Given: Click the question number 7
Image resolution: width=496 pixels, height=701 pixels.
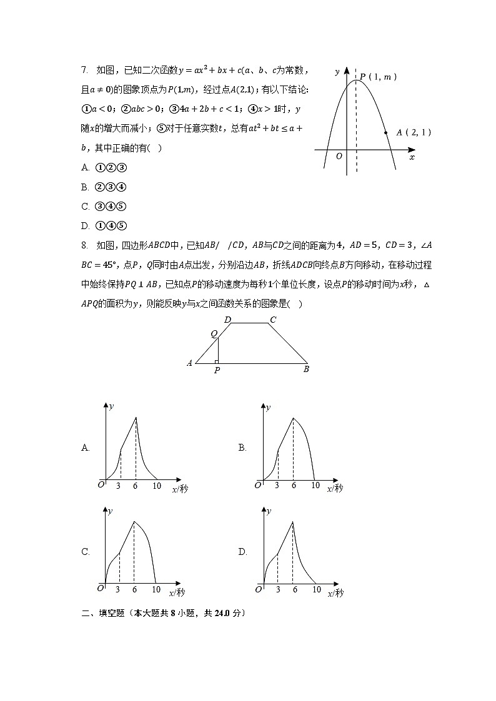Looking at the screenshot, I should [84, 71].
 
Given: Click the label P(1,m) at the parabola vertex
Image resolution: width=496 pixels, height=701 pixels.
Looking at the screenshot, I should [379, 77].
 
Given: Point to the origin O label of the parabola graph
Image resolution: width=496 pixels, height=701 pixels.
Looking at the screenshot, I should [339, 156].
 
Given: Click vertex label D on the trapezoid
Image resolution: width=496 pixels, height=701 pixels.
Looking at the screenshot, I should [227, 320].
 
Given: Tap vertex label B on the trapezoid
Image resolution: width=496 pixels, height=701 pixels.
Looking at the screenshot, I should [306, 369].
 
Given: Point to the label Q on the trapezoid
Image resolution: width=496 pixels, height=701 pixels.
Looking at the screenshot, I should [213, 334].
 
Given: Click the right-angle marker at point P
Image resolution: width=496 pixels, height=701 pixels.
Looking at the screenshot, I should [216, 361].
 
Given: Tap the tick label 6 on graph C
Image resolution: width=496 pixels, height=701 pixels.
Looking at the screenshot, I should [135, 590].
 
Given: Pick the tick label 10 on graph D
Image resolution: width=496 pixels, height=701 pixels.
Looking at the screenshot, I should [316, 590].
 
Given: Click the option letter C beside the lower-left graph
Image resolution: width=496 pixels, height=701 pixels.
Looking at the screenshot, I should [86, 552].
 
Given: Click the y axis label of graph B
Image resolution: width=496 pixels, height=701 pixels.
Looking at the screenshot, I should [268, 408].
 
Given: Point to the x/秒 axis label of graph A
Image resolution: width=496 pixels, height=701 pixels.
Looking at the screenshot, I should [179, 489].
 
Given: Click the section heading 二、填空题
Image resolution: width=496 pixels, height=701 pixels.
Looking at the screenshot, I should [101, 613].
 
